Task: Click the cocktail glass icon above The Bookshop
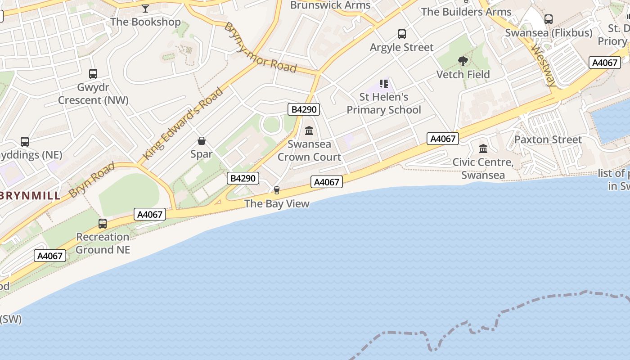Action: [145, 9]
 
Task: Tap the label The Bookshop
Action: [145, 22]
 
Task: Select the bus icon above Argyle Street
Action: [401, 34]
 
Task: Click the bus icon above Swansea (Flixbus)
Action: [548, 19]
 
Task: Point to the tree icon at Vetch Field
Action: [463, 61]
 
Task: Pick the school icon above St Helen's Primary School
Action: [383, 84]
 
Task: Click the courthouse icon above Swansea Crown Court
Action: [309, 131]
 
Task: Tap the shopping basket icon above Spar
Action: [202, 141]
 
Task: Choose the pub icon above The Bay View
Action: [277, 190]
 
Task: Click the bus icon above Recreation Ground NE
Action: [103, 224]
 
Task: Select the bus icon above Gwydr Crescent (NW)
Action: [93, 74]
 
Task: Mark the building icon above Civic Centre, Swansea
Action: [483, 149]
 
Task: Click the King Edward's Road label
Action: [183, 123]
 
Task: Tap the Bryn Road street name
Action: [92, 180]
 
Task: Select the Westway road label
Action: [544, 65]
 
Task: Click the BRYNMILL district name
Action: [30, 196]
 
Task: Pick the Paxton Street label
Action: [548, 139]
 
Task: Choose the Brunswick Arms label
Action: [330, 5]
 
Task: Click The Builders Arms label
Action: [466, 12]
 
